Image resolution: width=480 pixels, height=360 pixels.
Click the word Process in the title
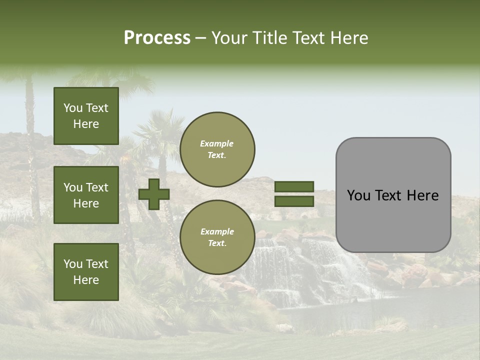pos(157,37)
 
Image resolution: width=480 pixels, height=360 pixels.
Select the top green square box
pos(86,116)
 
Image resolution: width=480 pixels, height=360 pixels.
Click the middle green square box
pos(86,195)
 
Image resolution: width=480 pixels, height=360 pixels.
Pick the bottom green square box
pos(86,272)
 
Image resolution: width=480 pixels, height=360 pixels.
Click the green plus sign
pos(154,194)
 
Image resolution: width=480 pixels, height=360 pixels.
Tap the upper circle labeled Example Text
pos(217,149)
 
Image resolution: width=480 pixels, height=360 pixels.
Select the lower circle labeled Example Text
pos(217,237)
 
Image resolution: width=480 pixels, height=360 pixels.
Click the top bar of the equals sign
pos(294,186)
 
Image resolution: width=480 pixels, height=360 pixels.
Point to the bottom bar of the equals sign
pos(294,201)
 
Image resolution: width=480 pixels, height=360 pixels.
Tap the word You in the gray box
pos(358,195)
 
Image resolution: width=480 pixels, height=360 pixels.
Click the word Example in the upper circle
pos(217,143)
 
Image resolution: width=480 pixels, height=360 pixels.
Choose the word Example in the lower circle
pos(217,231)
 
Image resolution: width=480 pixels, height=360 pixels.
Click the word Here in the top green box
pos(86,124)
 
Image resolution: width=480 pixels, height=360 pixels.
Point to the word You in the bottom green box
pos(73,264)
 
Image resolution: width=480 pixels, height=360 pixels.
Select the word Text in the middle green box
pos(96,187)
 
